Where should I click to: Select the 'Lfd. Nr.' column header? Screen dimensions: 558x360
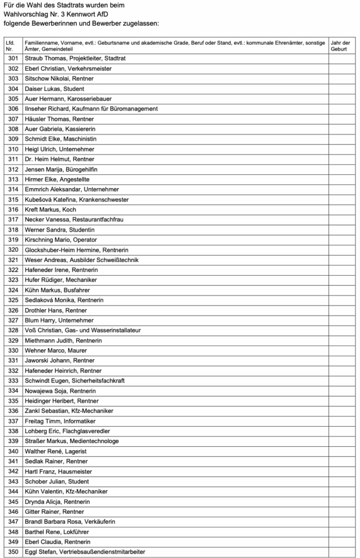pyautogui.click(x=11, y=46)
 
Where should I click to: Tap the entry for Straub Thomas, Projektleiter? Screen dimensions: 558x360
pyautogui.click(x=68, y=58)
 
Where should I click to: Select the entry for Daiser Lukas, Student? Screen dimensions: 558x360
pyautogui.click(x=54, y=89)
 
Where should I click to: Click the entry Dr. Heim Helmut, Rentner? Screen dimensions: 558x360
pyautogui.click(x=60, y=159)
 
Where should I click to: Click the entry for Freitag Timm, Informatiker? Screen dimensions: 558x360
pyautogui.click(x=60, y=421)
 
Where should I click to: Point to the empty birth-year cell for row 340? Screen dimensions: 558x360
pyautogui.click(x=342, y=451)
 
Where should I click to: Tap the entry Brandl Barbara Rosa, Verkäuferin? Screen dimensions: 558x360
pyautogui.click(x=69, y=521)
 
